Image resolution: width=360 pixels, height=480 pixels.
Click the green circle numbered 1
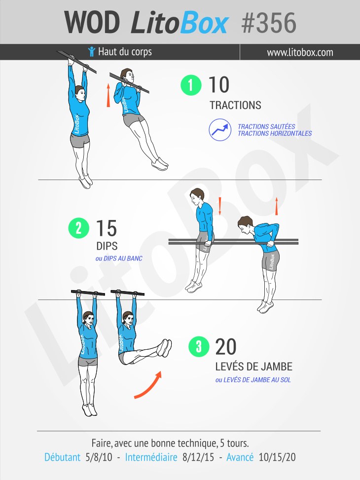[x=191, y=85]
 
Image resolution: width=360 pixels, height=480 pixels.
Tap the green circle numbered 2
[x=79, y=228]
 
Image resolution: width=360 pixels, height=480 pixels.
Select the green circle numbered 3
[x=199, y=346]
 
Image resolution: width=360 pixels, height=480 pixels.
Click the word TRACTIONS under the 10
[x=235, y=105]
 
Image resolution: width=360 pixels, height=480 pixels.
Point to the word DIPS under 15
[x=107, y=246]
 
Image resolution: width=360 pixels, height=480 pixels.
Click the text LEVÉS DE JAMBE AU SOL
[x=253, y=380]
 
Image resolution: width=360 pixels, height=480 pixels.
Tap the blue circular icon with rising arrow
[x=220, y=130]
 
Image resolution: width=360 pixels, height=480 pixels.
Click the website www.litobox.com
[x=300, y=52]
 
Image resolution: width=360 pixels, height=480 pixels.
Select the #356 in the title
[x=269, y=23]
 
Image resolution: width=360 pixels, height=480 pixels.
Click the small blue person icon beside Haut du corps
[x=92, y=52]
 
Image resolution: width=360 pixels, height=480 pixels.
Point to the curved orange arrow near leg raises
[x=148, y=386]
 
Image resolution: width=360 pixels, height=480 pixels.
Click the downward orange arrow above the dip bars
[x=220, y=206]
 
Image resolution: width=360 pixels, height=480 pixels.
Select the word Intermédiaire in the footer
[x=151, y=457]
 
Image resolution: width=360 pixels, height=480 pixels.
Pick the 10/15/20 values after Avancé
[x=277, y=457]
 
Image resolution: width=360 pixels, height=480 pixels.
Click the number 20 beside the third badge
[x=226, y=346]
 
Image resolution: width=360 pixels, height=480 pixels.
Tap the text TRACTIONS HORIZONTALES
[x=275, y=134]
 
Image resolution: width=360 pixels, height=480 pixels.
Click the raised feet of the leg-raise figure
[x=164, y=348]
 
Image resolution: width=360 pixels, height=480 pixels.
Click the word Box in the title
[x=204, y=23]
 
